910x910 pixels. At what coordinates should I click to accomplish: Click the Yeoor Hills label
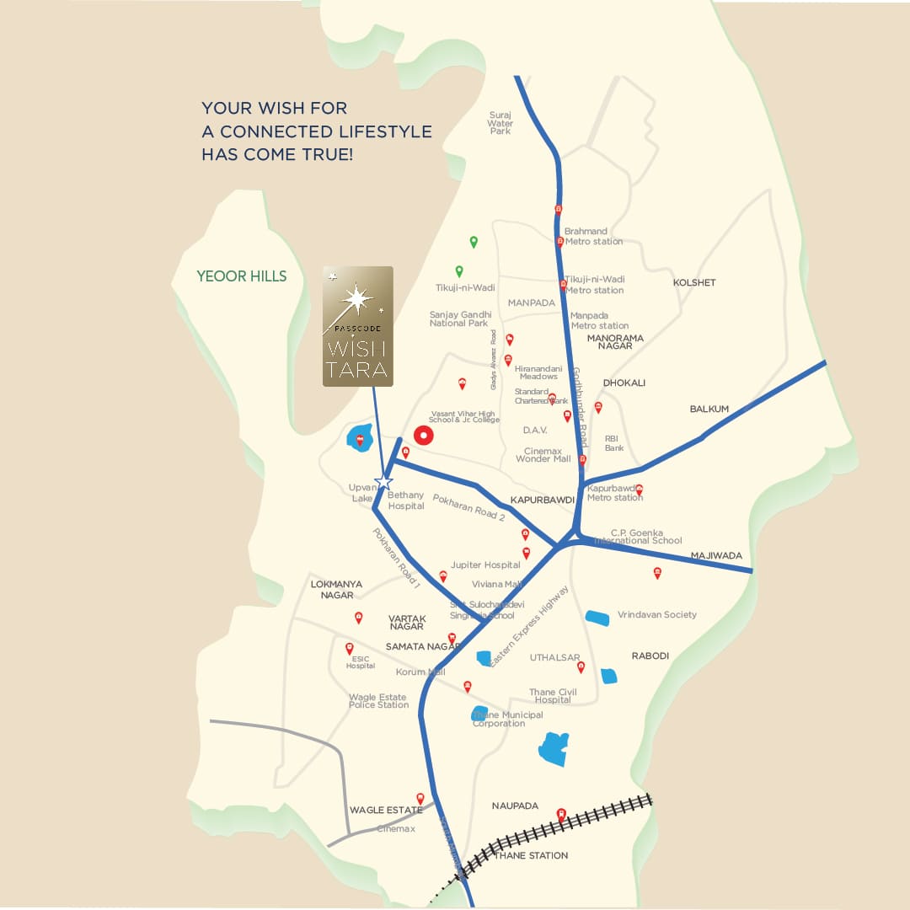coord(241,276)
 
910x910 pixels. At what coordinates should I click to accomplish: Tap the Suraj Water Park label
coord(500,123)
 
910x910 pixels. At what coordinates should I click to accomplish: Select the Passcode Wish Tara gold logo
coord(357,326)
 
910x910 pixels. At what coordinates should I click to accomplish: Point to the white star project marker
coord(384,481)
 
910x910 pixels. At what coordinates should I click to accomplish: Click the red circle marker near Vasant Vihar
coord(424,436)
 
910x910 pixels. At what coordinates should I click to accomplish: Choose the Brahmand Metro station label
coord(593,236)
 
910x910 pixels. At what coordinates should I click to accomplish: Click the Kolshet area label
coord(694,283)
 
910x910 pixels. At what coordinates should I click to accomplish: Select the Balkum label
coord(709,409)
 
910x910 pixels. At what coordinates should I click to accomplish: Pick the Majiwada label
coord(716,556)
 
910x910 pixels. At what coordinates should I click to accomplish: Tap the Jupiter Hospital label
coord(485,565)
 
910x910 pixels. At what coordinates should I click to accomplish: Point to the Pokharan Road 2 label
coord(468,507)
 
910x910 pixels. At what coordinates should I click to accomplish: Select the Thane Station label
coord(531,856)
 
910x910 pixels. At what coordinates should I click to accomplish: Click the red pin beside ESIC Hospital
coord(350,648)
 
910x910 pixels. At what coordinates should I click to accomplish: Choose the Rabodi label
coord(650,656)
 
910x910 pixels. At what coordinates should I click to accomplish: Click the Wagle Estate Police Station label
coord(378,701)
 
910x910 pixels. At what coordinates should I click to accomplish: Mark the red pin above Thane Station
coord(561,815)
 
